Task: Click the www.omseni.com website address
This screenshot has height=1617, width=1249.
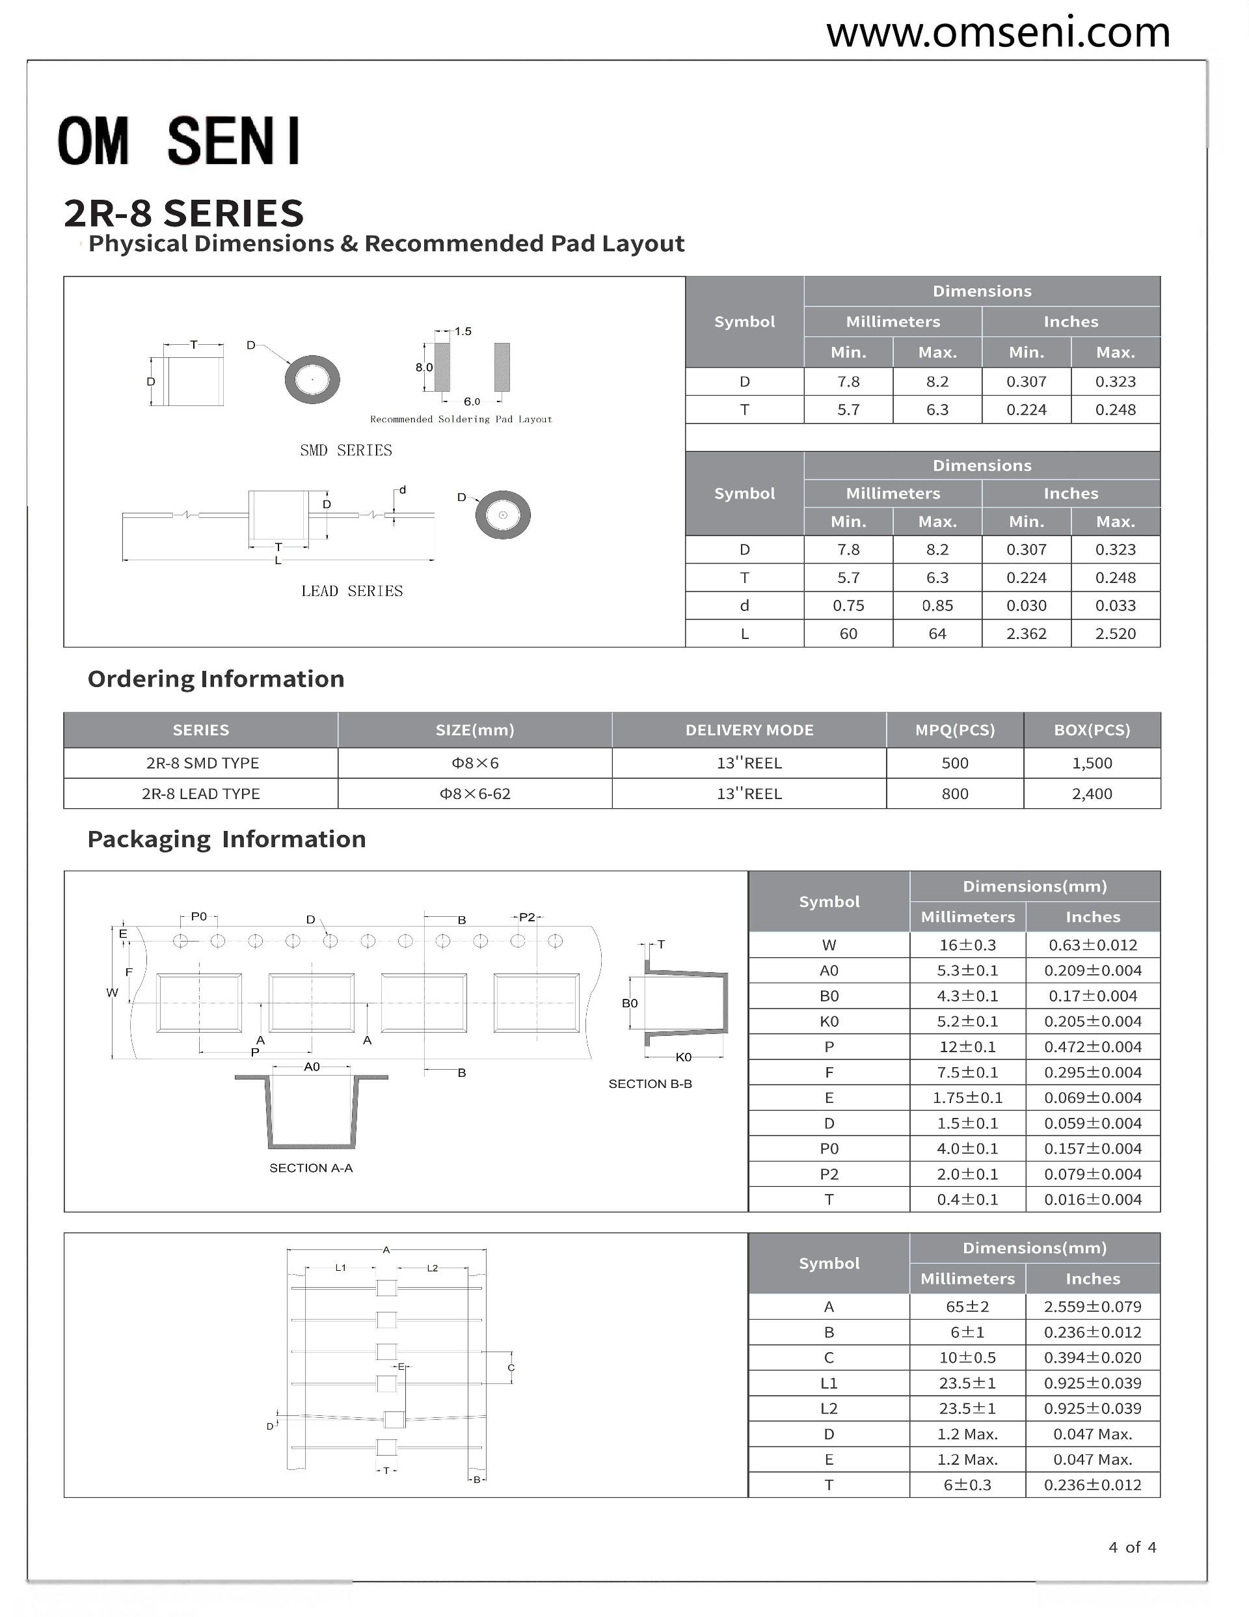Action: [x=997, y=33]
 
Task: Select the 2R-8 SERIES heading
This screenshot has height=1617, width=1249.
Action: [x=183, y=213]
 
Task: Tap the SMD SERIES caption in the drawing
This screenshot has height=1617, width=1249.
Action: [x=345, y=450]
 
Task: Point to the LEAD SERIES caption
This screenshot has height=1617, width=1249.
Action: [x=352, y=591]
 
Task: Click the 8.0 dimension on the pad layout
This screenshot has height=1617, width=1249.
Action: [x=423, y=367]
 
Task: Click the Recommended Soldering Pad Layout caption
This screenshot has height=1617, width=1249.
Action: [x=461, y=419]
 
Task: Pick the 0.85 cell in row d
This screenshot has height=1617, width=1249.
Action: [x=937, y=606]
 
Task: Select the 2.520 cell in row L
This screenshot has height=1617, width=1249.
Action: [x=1115, y=634]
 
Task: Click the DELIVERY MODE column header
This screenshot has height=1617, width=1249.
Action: [x=749, y=730]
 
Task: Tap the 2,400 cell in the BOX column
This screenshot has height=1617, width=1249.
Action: [x=1092, y=794]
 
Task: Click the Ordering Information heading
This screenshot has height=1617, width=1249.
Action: [x=215, y=679]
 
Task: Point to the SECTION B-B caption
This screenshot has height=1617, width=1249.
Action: [x=650, y=1084]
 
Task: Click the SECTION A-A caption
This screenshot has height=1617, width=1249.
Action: [x=311, y=1168]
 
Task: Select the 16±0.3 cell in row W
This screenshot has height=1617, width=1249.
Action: [x=967, y=945]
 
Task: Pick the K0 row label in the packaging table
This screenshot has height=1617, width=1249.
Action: [x=829, y=1022]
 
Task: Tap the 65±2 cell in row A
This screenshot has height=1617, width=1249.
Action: [x=967, y=1307]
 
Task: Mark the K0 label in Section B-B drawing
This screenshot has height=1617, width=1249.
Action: [x=682, y=1057]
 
